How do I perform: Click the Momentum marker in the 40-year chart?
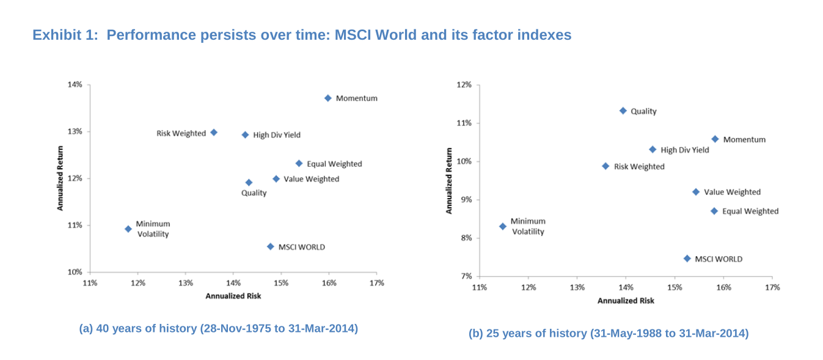328,98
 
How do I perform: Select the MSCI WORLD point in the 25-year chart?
687,259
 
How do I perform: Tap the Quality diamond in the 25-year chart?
623,111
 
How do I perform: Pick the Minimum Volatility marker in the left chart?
128,229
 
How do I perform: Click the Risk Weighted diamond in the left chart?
214,132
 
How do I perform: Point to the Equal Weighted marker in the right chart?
714,211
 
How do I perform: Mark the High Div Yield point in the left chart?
245,134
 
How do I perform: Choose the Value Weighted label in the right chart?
732,192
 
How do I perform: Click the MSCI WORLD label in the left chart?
301,247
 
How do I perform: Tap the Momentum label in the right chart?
744,139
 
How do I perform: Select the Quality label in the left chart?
254,193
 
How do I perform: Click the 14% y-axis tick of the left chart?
75,84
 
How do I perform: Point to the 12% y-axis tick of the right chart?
464,84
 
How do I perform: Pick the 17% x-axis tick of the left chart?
377,283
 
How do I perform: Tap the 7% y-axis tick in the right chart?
466,276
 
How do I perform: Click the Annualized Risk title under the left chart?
233,296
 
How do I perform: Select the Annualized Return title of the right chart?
448,181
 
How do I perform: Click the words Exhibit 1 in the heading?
65,35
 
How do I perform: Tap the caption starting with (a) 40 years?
218,328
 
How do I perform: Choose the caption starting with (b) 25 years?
608,333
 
